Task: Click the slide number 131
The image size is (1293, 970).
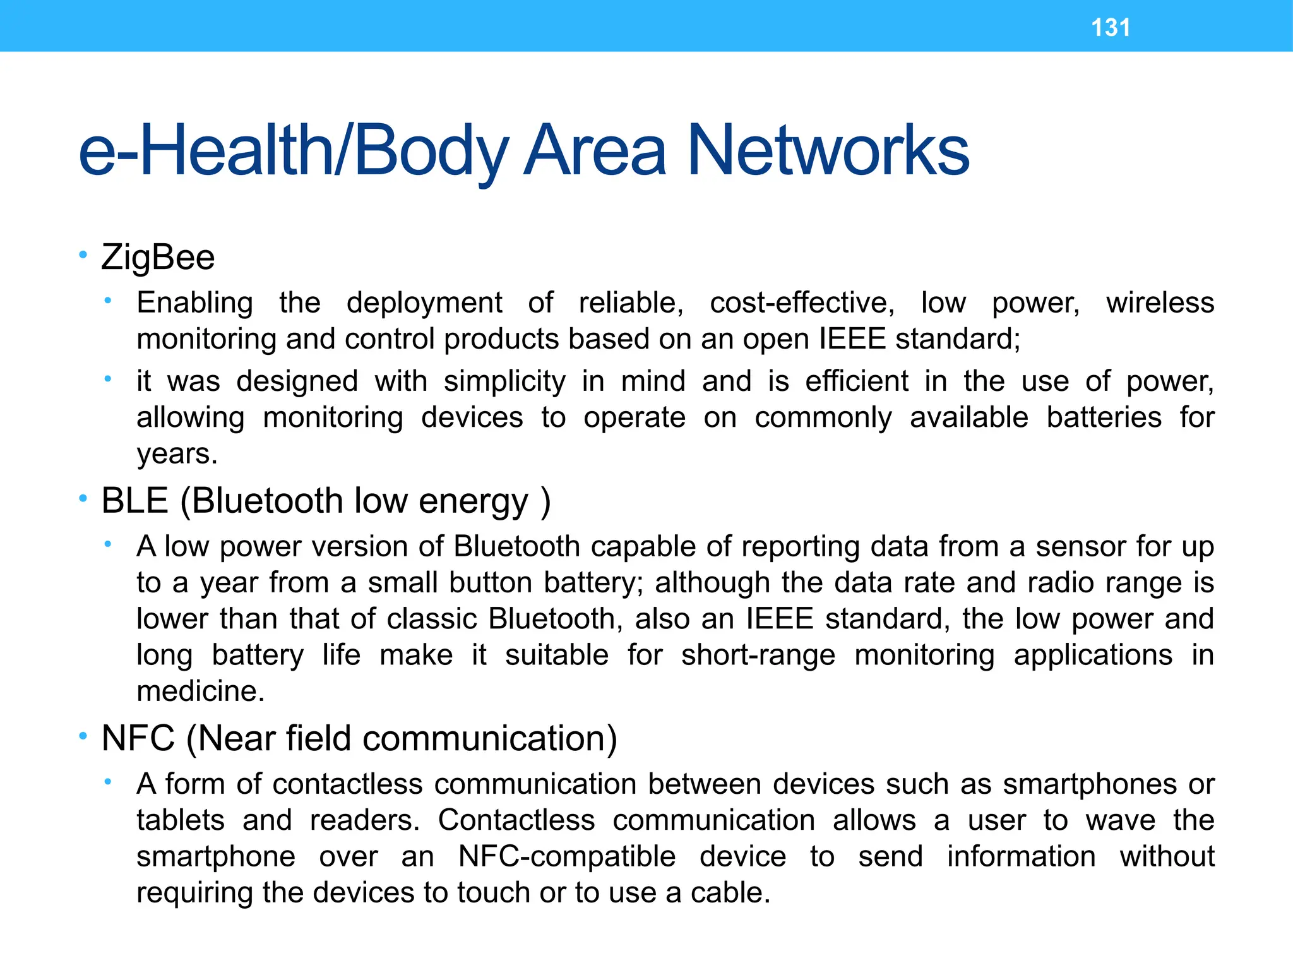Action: [1111, 28]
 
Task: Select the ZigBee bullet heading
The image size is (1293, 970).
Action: [158, 258]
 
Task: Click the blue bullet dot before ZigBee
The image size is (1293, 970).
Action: [83, 255]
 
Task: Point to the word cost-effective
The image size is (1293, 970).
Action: [802, 302]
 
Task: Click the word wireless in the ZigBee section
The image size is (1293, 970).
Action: [1160, 302]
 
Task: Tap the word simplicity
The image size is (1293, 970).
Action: [504, 381]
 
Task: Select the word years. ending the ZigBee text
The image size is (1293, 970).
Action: [177, 454]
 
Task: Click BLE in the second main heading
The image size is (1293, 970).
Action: [134, 501]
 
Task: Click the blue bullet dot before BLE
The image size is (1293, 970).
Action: [83, 499]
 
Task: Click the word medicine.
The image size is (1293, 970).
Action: [200, 692]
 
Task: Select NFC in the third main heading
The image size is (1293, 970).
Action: [138, 738]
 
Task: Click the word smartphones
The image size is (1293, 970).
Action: [1090, 784]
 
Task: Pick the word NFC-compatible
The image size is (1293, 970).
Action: [567, 857]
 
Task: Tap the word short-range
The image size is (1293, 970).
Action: [758, 656]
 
